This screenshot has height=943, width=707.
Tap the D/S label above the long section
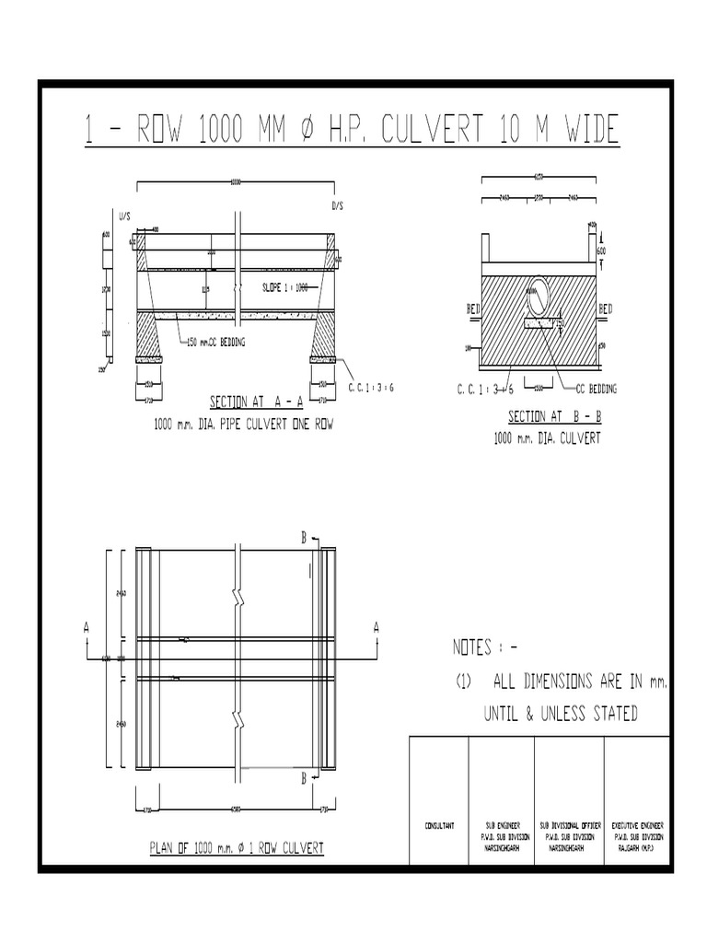click(x=338, y=207)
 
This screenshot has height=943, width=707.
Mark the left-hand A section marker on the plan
click(x=87, y=626)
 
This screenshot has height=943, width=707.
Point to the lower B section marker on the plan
click(x=304, y=779)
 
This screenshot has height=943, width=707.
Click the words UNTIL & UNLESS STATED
click(x=561, y=714)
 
